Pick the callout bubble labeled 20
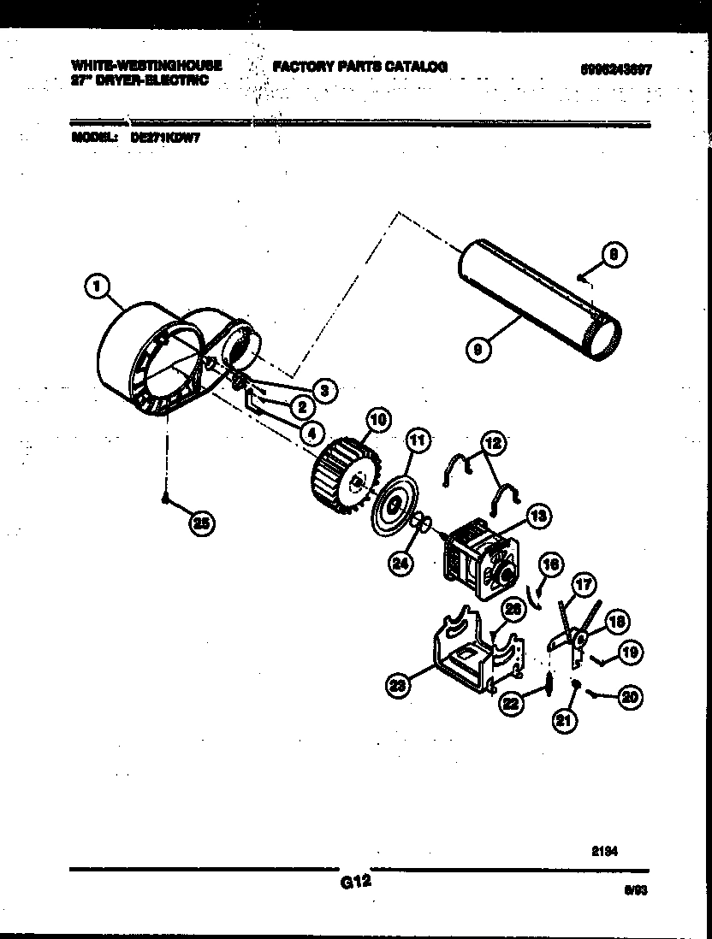[x=629, y=697]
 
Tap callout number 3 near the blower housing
[x=323, y=390]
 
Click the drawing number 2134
[x=604, y=851]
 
